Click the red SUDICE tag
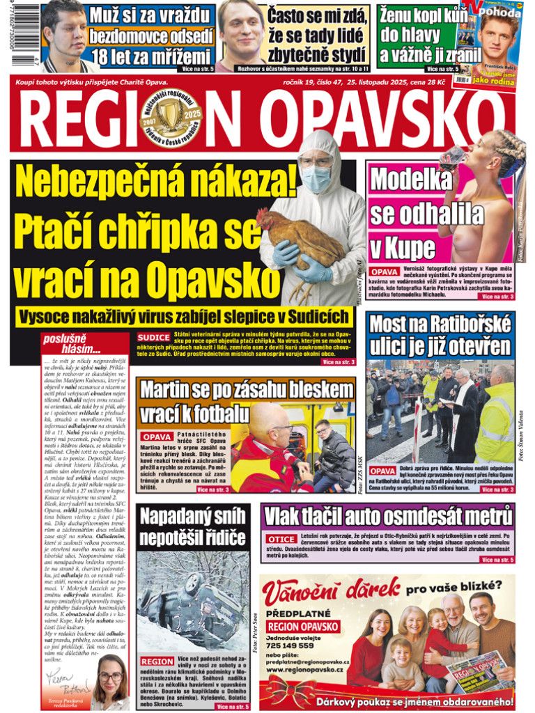tap(153, 337)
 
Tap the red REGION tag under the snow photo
tap(157, 661)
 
